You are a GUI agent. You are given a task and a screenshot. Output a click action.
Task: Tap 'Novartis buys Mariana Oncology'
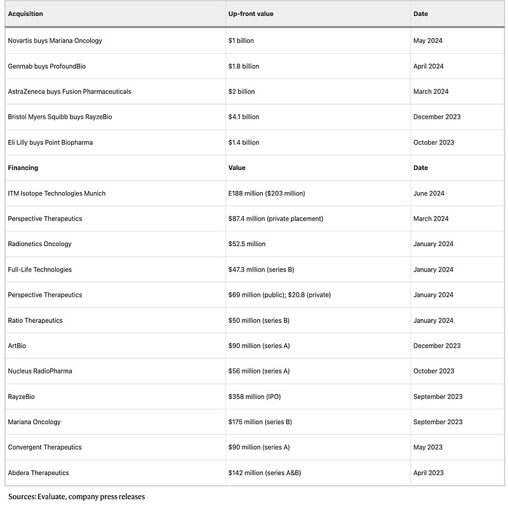(x=55, y=41)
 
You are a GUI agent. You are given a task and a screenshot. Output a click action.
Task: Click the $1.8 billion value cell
(x=244, y=66)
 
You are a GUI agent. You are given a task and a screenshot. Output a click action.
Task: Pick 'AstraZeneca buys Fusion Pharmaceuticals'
(x=69, y=91)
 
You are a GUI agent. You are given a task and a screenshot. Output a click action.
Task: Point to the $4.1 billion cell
(x=244, y=117)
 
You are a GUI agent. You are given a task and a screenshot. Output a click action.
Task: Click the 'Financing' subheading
(x=23, y=168)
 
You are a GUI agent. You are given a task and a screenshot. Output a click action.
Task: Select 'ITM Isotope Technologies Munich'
(x=57, y=193)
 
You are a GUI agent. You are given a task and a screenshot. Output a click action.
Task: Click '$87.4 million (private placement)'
(x=276, y=219)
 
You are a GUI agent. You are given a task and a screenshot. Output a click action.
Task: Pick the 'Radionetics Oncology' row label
(x=39, y=244)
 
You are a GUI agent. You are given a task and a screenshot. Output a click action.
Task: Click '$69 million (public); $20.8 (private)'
(x=279, y=295)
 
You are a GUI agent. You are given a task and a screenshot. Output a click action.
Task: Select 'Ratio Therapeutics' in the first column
(x=35, y=320)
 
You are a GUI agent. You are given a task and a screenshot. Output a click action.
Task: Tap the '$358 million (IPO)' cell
(x=254, y=396)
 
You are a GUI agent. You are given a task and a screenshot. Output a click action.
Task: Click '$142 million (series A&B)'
(x=265, y=472)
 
